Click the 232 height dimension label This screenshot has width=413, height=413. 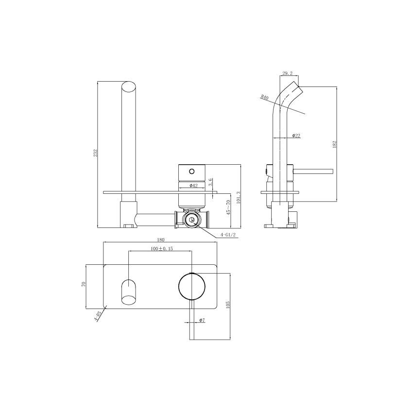[96, 152]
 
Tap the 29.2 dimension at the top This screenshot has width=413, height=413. [287, 73]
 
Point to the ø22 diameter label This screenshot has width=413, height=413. [296, 136]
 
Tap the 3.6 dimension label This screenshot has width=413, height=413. [210, 182]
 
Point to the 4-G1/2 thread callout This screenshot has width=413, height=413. [227, 235]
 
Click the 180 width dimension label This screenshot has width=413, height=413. [161, 240]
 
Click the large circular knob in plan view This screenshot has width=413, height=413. [192, 286]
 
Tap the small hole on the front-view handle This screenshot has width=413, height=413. [191, 171]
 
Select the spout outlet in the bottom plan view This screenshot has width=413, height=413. [129, 291]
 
